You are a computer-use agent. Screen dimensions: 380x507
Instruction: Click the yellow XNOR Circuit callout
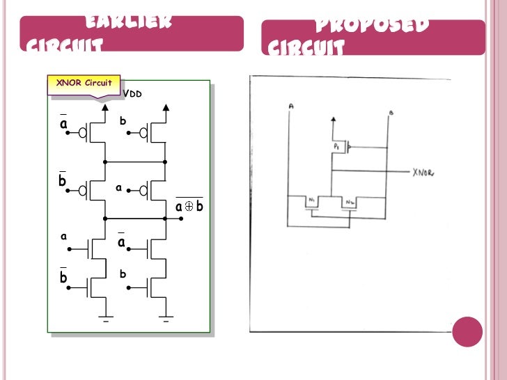click(84, 83)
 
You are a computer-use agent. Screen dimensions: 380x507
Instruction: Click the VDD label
click(132, 93)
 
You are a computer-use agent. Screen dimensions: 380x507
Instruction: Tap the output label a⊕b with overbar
click(189, 207)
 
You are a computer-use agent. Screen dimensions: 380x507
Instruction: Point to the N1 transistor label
click(311, 201)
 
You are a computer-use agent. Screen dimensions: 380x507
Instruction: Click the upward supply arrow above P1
click(333, 120)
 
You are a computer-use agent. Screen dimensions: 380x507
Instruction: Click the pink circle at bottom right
click(467, 331)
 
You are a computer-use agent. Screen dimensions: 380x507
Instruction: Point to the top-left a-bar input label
click(63, 122)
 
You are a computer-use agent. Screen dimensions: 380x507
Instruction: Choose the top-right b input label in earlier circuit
click(123, 121)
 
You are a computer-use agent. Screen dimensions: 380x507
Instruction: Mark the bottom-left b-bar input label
click(63, 277)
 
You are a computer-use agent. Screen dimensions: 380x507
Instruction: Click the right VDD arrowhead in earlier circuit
click(166, 107)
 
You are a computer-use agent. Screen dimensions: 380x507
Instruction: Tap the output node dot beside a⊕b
click(181, 218)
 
